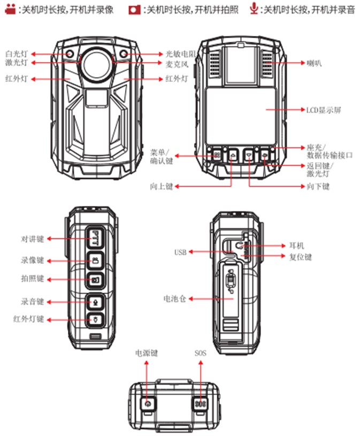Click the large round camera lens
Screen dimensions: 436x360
96,61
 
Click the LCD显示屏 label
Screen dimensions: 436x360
323,110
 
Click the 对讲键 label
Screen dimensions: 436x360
33,238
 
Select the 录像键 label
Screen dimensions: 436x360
33,261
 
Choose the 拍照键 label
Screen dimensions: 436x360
33,279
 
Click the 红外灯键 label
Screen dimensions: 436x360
29,319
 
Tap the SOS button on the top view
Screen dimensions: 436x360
200,403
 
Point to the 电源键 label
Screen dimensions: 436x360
147,354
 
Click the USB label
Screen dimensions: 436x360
180,252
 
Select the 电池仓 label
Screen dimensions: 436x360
175,298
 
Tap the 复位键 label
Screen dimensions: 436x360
300,257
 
